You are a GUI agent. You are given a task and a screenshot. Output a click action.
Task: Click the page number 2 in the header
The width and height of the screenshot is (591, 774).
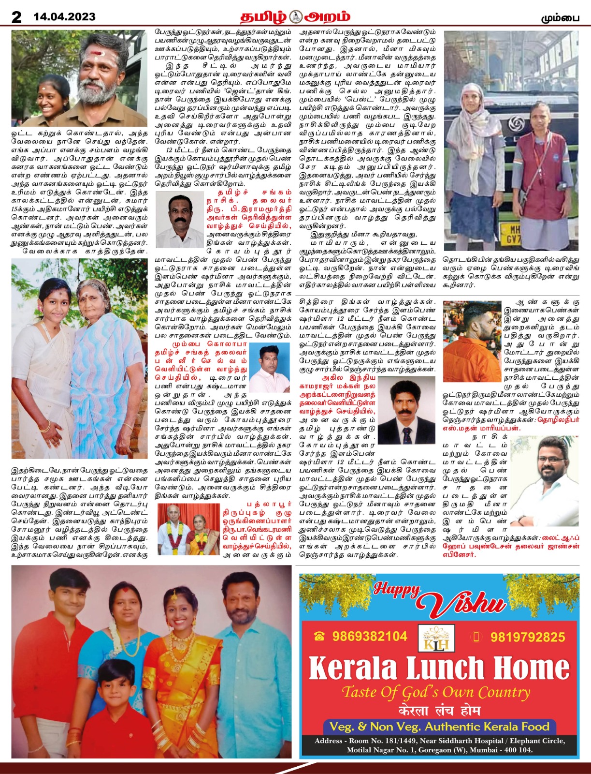(x=16, y=17)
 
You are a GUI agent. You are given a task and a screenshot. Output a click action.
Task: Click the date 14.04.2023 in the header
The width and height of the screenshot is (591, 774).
(x=64, y=17)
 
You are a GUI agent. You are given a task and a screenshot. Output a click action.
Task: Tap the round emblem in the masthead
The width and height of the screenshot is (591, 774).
(x=295, y=17)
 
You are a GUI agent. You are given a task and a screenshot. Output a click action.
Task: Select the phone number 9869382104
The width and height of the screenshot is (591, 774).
(x=370, y=636)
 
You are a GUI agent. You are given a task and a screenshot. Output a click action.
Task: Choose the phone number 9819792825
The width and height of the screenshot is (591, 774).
(x=527, y=637)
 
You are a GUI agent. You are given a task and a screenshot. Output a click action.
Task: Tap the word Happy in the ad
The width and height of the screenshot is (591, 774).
(x=396, y=590)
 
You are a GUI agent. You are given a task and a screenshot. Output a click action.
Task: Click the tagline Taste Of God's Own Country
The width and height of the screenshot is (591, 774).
(x=436, y=692)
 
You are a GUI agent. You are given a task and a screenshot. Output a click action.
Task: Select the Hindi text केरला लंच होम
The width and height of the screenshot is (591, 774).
(x=439, y=710)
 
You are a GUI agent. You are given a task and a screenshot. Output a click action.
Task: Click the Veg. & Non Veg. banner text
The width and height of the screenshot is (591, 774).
(x=439, y=727)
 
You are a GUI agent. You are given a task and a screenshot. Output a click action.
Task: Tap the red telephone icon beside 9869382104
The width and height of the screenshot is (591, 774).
(x=318, y=637)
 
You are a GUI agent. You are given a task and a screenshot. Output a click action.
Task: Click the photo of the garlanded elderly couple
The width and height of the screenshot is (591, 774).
(x=188, y=529)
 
